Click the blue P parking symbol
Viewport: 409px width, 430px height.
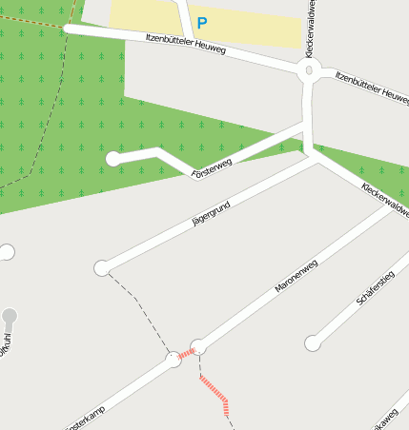201,22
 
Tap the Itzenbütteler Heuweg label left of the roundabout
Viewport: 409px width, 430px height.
185,43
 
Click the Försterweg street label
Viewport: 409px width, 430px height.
212,167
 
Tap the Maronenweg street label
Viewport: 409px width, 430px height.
296,274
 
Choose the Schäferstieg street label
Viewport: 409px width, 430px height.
375,286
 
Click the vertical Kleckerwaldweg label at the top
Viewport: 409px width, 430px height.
310,29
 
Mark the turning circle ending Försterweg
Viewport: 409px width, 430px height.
113,159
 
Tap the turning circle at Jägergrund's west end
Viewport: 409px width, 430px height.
101,268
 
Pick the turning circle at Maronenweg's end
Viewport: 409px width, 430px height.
198,346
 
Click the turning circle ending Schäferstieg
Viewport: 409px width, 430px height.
312,343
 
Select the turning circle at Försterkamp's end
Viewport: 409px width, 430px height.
174,360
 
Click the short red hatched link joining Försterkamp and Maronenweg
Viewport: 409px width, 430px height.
187,353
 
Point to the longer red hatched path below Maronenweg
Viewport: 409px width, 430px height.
215,392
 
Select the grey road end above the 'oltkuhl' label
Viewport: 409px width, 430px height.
10,316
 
